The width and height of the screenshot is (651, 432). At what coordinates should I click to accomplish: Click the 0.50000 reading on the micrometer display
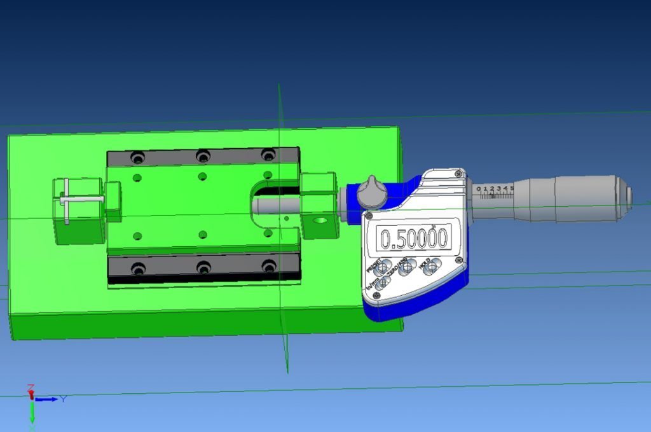(x=414, y=239)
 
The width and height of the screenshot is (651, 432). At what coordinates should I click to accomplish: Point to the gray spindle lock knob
(x=371, y=191)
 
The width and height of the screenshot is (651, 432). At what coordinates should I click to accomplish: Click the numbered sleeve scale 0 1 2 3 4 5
(x=495, y=190)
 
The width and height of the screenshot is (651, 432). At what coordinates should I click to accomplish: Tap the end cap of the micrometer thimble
(x=627, y=197)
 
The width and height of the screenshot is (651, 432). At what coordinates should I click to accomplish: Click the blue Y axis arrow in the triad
(x=47, y=399)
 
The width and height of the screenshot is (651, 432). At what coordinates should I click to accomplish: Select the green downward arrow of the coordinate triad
(x=32, y=413)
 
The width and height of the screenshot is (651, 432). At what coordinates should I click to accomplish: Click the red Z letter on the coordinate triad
(x=30, y=387)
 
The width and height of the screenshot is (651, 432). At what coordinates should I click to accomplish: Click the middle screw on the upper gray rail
(x=203, y=155)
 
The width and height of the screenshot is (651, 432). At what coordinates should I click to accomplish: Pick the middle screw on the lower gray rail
(x=203, y=267)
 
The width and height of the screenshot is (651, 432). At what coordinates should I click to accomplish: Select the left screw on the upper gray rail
(x=136, y=157)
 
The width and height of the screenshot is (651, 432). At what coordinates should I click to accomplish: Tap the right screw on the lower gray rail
(x=270, y=266)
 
